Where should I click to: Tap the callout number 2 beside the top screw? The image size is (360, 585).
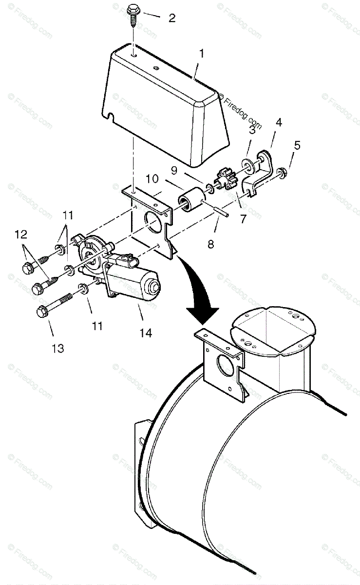171,19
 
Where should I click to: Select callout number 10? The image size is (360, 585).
152,179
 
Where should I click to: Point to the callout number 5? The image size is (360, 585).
297,145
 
